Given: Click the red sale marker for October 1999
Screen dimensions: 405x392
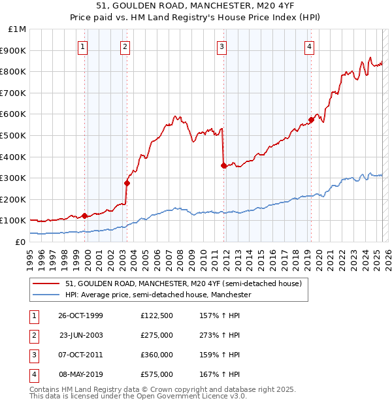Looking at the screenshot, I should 85,216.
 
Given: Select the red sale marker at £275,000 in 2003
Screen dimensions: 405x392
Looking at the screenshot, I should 127,183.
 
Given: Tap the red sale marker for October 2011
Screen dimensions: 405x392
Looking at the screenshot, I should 223,165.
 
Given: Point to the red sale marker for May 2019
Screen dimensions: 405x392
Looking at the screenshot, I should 311,120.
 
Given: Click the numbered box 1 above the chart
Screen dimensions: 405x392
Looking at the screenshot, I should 84,46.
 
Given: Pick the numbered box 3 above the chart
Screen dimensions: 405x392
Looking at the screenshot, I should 222,46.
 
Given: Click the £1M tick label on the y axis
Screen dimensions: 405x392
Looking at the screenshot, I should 17,29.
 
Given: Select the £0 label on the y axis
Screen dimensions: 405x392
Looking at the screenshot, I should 20,242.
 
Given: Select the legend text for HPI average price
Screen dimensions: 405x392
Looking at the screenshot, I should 159,295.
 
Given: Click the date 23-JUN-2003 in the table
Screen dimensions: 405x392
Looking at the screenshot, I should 81,335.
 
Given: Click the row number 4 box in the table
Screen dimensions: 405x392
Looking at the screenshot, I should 33,374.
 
